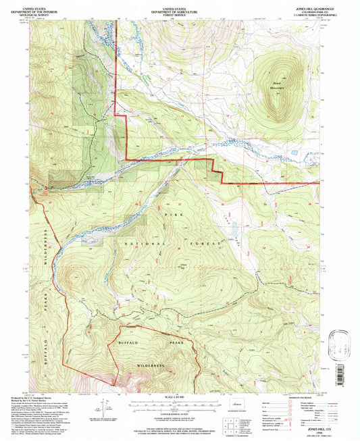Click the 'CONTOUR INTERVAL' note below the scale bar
click(x=180, y=410)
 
